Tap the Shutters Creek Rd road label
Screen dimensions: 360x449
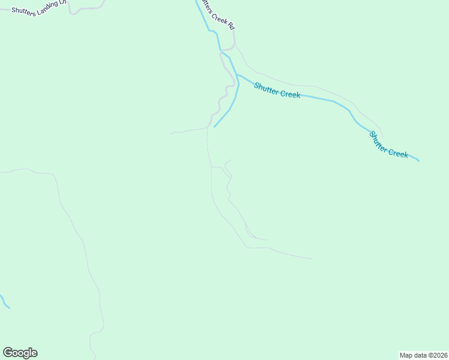point(220,18)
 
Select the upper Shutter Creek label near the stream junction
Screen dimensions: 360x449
point(277,90)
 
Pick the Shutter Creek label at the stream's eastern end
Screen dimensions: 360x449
point(388,145)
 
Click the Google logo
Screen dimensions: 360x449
point(20,353)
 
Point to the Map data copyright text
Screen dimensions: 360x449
point(424,355)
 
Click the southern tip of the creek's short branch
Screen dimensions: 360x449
point(214,127)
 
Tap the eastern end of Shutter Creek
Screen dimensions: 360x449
point(418,161)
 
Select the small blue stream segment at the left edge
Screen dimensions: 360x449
point(5,302)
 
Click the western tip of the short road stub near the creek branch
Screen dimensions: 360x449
point(171,133)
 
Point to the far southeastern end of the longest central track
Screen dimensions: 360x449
point(312,259)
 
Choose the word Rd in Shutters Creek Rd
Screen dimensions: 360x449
point(231,27)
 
